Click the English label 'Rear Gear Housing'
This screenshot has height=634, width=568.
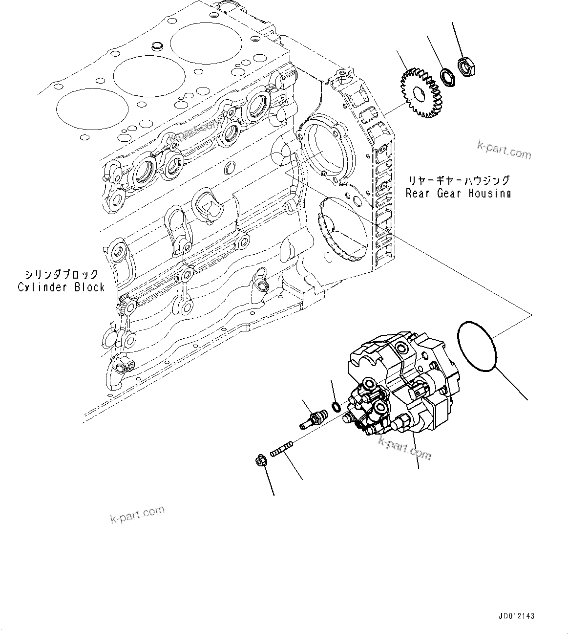coord(458,194)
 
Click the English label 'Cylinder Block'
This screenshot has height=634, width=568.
coord(62,287)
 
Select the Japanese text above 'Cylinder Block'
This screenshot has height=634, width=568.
coord(62,275)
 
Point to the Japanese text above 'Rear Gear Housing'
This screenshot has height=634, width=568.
coord(459,181)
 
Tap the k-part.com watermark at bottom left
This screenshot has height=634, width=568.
coord(137,515)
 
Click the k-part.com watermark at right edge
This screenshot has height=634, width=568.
coord(504,151)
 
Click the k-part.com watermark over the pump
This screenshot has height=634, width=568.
coord(404,448)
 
